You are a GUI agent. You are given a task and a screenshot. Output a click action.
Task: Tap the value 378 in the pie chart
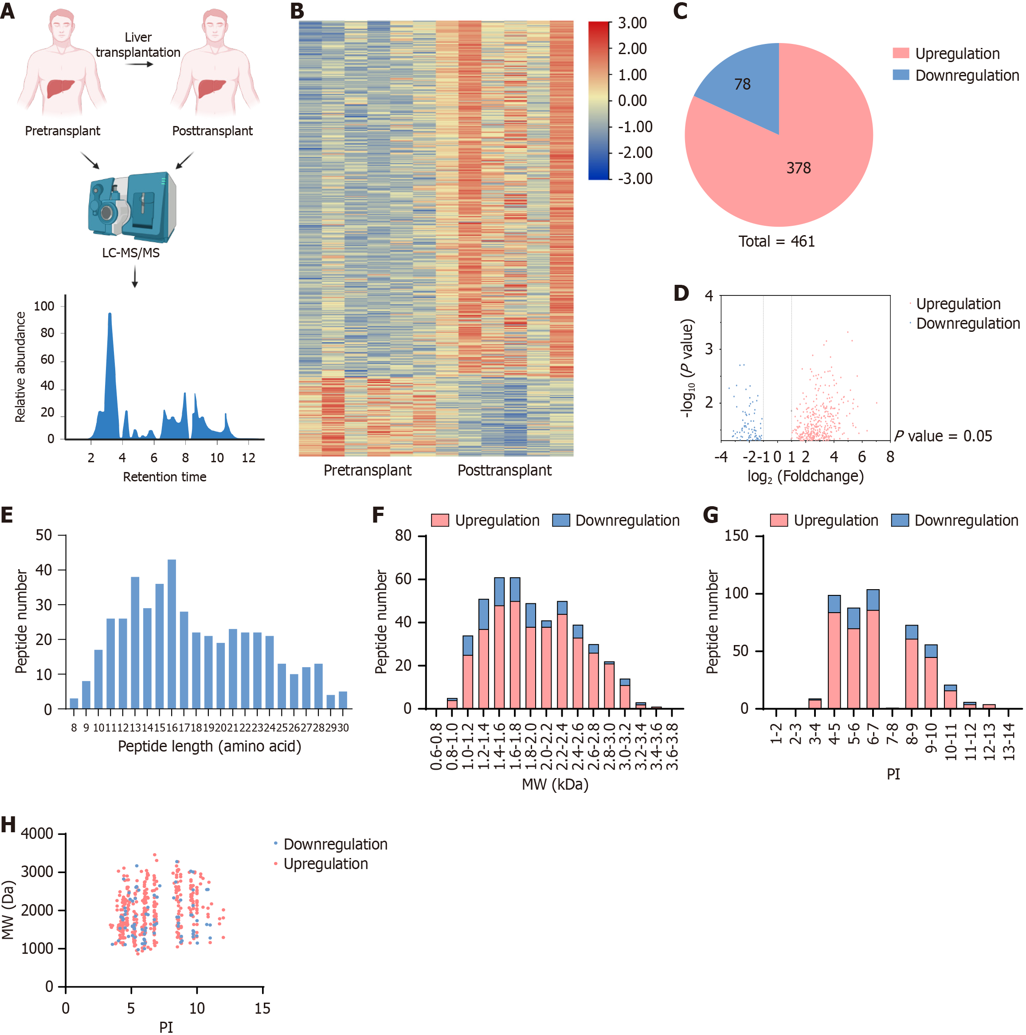coord(798,168)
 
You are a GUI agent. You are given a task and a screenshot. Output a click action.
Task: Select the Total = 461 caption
coord(776,242)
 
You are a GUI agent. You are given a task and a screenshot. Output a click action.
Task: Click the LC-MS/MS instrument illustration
coord(132,206)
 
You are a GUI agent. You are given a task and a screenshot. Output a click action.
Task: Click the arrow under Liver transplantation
coord(139,65)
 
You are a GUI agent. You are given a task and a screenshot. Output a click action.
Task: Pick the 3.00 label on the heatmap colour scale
coord(632,24)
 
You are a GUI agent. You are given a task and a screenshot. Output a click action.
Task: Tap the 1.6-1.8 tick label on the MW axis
coord(515,746)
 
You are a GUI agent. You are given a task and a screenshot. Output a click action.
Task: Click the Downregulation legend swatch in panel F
coord(560,520)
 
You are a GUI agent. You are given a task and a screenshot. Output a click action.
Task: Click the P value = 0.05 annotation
coord(943,436)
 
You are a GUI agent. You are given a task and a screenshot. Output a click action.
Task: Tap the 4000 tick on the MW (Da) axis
coord(37,834)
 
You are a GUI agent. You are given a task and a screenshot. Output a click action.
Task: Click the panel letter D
coord(681,293)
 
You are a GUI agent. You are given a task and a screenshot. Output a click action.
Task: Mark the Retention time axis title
coord(164,477)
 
